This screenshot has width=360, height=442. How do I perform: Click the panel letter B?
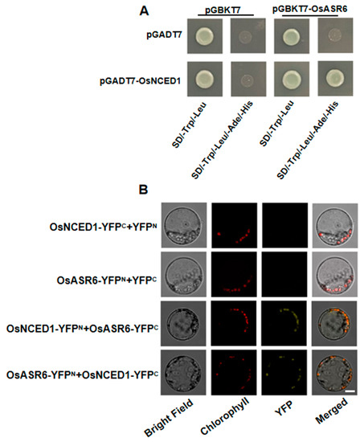(144, 190)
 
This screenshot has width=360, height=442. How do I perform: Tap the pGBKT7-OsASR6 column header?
(310, 10)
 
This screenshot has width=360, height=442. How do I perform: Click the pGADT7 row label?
(165, 36)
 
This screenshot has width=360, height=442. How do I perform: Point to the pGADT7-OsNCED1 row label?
(140, 81)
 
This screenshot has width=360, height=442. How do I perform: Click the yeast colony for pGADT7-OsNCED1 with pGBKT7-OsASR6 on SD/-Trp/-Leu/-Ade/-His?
(334, 79)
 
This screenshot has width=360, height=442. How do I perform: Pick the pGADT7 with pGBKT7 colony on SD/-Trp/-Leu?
(204, 35)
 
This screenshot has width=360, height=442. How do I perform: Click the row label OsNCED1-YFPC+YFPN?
(103, 227)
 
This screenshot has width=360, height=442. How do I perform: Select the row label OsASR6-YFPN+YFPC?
(107, 280)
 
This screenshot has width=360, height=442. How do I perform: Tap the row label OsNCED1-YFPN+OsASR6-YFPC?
(83, 329)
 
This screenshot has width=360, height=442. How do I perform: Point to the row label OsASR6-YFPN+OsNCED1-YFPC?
(83, 374)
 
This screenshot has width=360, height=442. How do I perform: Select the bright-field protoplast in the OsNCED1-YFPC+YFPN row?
(183, 226)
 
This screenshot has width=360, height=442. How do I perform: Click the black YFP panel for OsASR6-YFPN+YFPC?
(284, 274)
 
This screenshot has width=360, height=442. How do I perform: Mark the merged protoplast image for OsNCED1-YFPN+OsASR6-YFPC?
(334, 323)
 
